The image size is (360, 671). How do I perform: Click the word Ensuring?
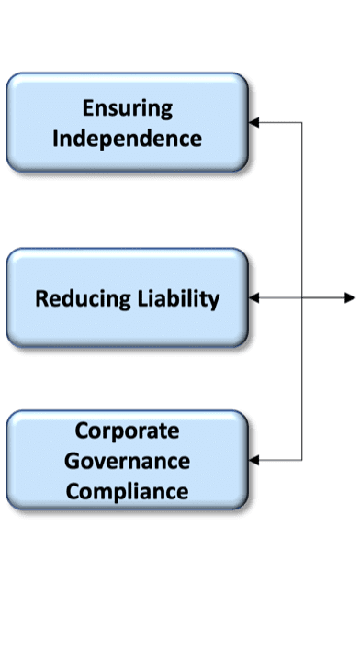click(128, 109)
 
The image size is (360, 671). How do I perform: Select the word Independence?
click(127, 140)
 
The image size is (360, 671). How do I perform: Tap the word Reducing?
click(83, 299)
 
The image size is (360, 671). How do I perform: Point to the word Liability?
click(178, 298)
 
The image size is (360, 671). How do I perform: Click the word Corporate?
click(127, 431)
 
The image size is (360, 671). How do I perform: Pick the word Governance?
click(127, 462)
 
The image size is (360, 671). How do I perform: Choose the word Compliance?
click(127, 492)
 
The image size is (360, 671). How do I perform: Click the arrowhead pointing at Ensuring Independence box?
click(253, 122)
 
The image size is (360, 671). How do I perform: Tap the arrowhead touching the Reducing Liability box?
click(253, 297)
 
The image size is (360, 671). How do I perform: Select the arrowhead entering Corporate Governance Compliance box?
click(253, 461)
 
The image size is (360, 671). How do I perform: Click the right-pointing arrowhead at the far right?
click(350, 297)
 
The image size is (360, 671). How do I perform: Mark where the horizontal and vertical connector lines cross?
click(302, 297)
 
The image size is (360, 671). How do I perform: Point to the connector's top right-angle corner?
click(302, 122)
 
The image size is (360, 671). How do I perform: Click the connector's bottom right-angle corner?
click(302, 461)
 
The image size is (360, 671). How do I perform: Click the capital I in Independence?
click(55, 139)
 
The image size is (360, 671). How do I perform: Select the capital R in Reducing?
click(42, 298)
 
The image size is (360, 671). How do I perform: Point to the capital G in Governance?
click(72, 462)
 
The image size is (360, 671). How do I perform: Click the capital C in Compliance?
click(73, 492)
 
